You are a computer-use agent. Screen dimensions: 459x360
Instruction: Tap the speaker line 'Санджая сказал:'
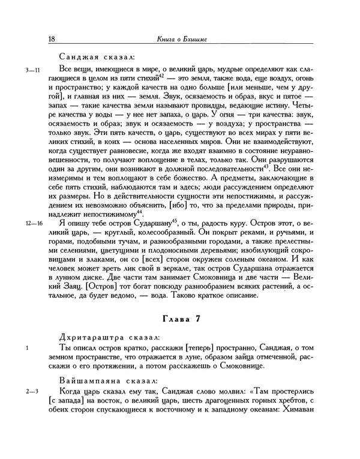click(x=96, y=58)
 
